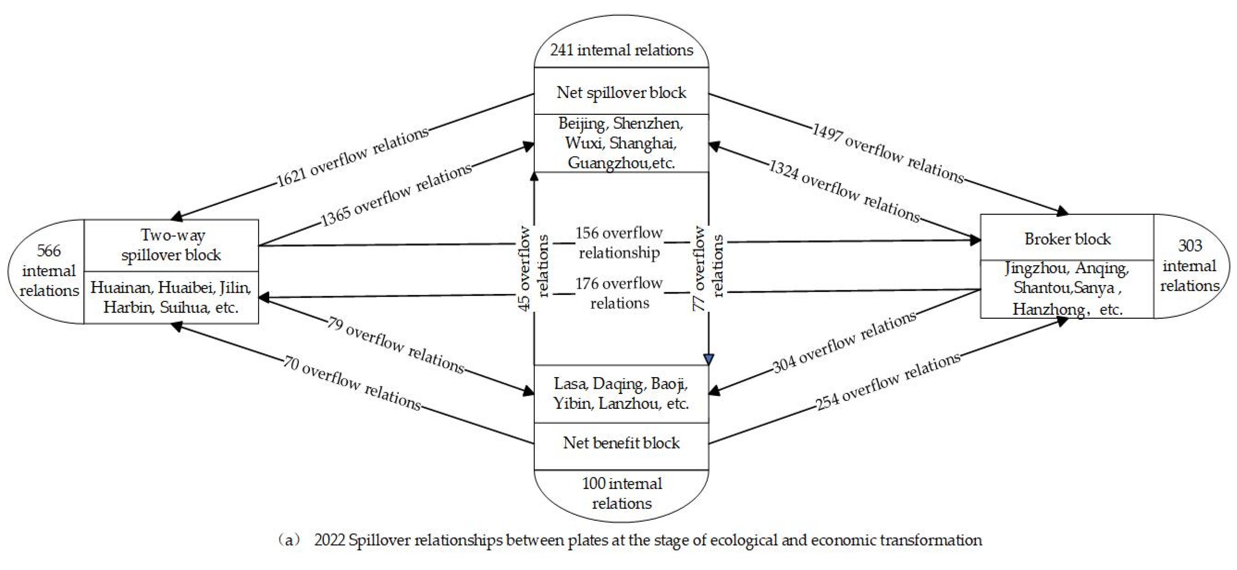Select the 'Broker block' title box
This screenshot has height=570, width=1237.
(x=1067, y=238)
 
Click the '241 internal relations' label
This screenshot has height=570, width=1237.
(x=621, y=50)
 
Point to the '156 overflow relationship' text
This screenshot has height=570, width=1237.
(x=619, y=242)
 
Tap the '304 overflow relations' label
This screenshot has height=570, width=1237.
(x=844, y=342)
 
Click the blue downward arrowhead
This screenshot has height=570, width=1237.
(x=708, y=359)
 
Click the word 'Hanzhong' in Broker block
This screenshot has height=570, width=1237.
(x=1048, y=309)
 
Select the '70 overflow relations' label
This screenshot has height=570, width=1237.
(x=352, y=383)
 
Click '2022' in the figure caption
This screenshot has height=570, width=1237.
(x=329, y=540)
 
